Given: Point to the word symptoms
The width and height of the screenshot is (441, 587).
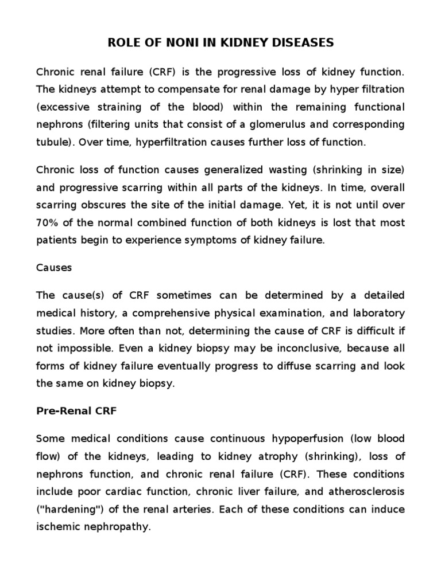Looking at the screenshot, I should click(215, 240).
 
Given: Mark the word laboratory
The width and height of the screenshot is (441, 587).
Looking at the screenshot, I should click(380, 312).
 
